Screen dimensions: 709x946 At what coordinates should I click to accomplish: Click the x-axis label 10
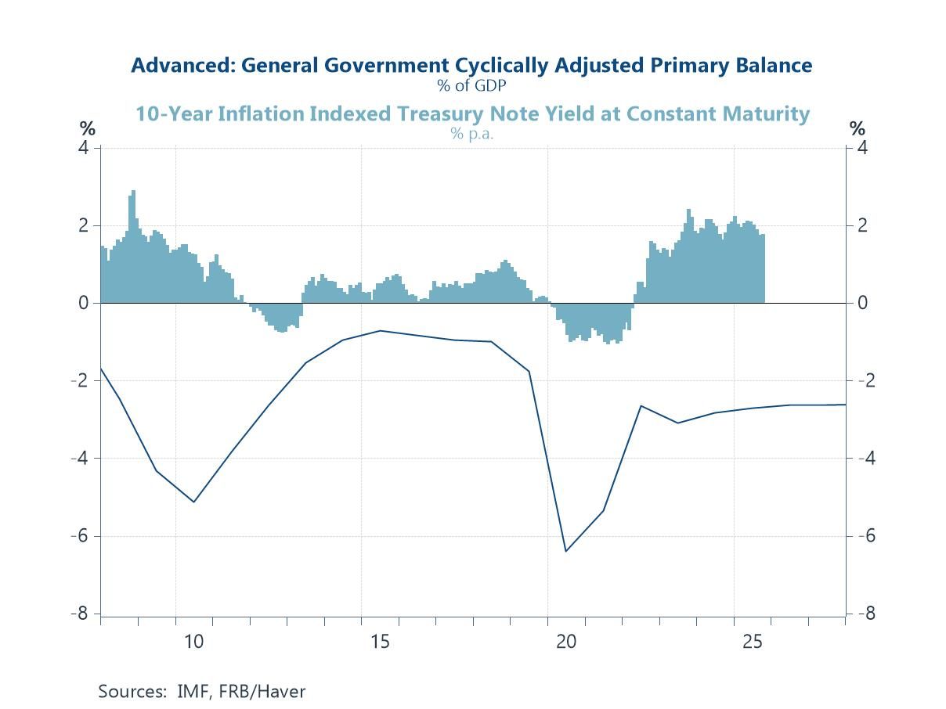pos(193,642)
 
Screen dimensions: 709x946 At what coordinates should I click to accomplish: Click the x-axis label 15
pos(380,642)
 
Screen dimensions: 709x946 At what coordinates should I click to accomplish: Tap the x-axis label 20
pos(566,642)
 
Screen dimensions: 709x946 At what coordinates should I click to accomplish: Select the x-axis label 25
pos(753,642)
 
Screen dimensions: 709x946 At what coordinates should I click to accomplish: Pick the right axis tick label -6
pos(863,536)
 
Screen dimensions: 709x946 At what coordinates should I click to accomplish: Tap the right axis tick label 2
pos(861,225)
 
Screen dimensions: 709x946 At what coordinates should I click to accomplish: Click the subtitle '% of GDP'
pos(471,85)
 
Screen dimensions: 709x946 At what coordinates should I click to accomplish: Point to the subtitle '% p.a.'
pos(471,133)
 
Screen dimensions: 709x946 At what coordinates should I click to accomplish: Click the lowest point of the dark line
pos(566,551)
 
